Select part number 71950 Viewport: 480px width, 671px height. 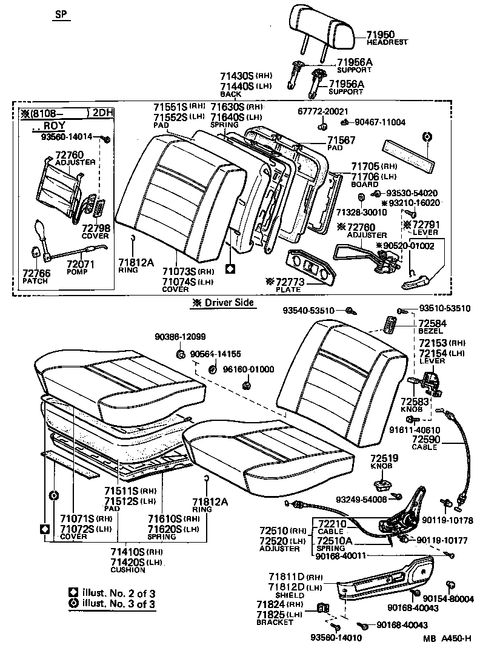382,34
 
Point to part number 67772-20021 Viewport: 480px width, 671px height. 323,111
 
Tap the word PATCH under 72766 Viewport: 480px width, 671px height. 35,282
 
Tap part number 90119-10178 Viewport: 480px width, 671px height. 447,520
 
